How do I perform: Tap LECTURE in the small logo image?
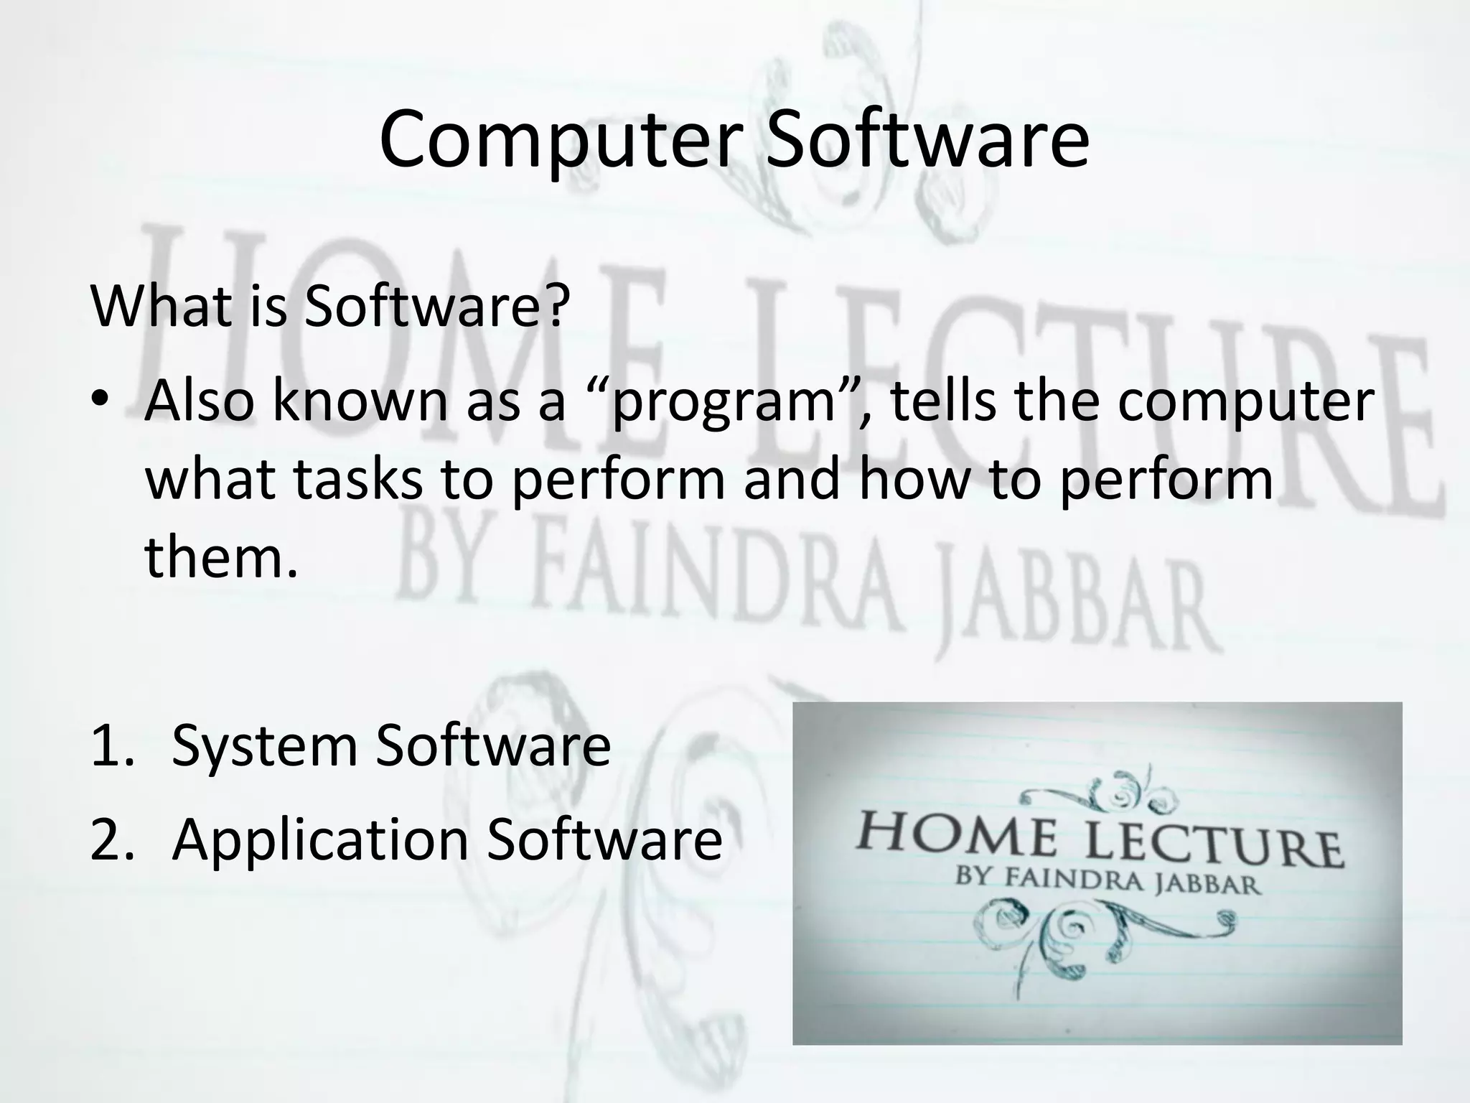click(1213, 847)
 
